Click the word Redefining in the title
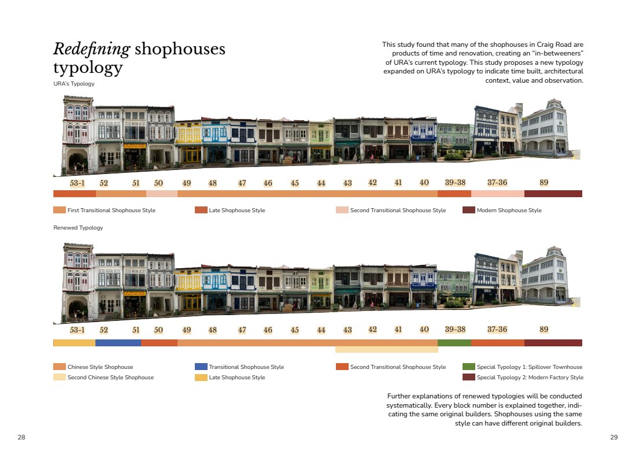(92, 49)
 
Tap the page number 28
(21, 437)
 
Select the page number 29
(613, 437)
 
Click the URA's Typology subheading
(74, 83)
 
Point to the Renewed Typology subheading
(78, 228)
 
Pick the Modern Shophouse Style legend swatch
(468, 210)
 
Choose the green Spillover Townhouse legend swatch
(468, 367)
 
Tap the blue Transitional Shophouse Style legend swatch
(201, 367)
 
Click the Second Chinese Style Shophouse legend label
(110, 377)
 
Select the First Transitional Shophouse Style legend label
(111, 210)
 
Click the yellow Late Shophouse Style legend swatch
(201, 377)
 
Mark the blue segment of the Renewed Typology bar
(118, 343)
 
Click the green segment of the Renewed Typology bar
(454, 343)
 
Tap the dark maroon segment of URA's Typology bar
(553, 194)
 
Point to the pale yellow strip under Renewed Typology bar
(387, 349)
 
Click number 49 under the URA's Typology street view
(187, 183)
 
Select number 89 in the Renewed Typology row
(544, 330)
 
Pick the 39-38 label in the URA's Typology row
(455, 183)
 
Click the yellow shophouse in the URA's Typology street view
(188, 142)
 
